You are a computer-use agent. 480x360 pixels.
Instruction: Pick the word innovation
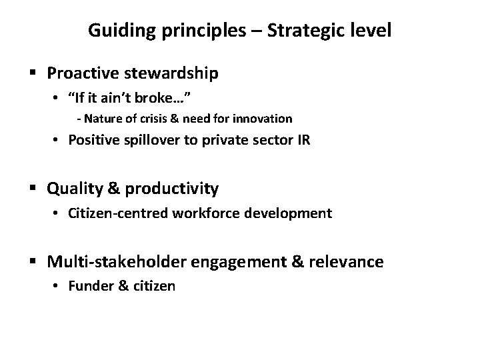click(x=265, y=119)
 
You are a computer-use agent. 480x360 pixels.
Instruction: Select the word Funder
click(x=85, y=287)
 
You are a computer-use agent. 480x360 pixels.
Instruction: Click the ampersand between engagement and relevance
click(x=297, y=262)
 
